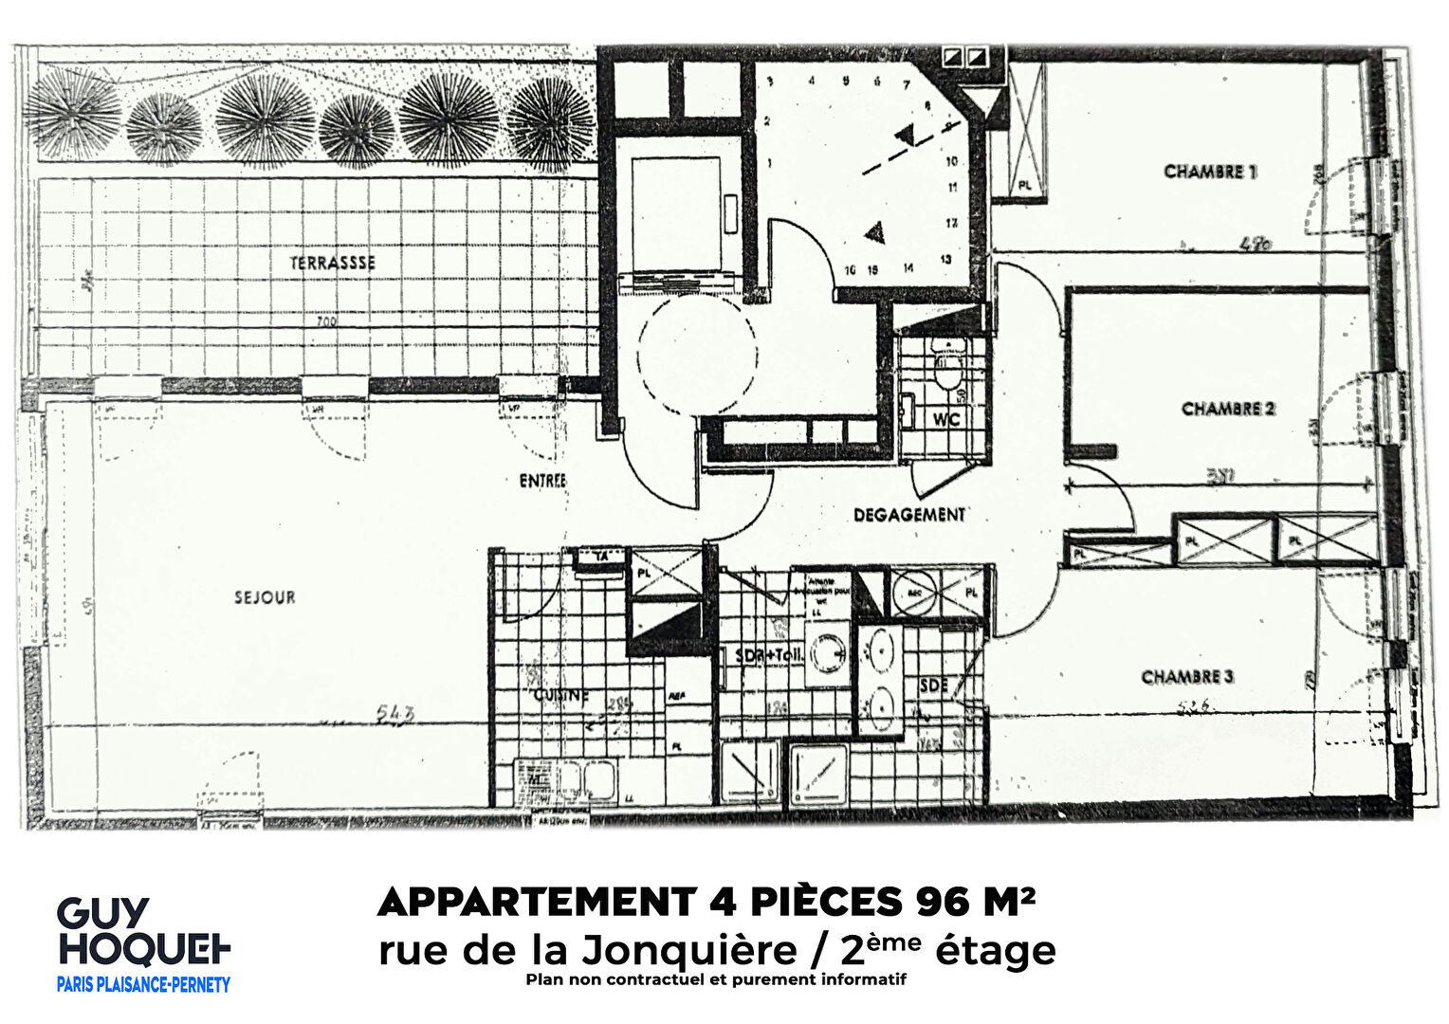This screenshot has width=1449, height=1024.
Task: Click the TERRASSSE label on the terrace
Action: click(x=332, y=263)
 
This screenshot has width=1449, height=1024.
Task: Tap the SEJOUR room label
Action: click(x=266, y=597)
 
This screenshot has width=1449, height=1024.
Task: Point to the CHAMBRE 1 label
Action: click(x=1210, y=172)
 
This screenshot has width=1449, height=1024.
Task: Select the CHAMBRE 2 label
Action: click(x=1228, y=409)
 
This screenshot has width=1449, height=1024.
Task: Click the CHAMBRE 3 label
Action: click(x=1187, y=677)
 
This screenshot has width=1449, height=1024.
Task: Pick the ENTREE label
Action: click(x=542, y=481)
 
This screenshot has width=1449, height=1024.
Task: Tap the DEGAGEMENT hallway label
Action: click(x=909, y=515)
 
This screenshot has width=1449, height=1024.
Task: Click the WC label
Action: click(x=946, y=418)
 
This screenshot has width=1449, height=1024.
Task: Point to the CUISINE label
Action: click(x=561, y=695)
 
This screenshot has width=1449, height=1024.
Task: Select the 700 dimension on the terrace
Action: click(x=326, y=322)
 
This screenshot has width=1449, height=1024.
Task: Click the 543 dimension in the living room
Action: click(x=395, y=714)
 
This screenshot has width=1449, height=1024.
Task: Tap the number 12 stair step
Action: click(x=950, y=223)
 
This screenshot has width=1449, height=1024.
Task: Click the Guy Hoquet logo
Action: click(x=143, y=932)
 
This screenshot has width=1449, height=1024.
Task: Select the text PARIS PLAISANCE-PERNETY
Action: click(x=143, y=985)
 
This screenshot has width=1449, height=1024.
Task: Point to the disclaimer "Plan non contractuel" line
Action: click(x=716, y=979)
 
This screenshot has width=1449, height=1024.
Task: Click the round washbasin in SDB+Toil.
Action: click(x=828, y=652)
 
